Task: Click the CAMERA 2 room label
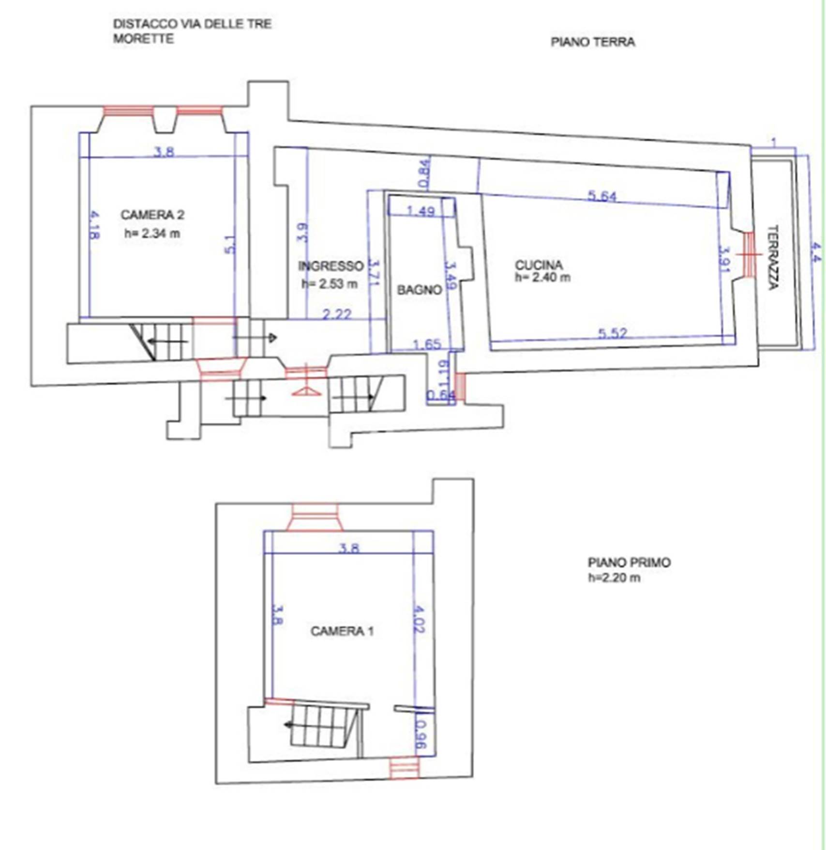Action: tap(152, 215)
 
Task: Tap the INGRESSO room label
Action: tap(330, 266)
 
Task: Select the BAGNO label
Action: tap(420, 290)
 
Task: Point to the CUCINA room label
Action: tap(539, 265)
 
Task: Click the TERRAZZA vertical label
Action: tap(773, 257)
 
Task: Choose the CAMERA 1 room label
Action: tap(342, 631)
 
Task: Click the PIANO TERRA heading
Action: tap(593, 42)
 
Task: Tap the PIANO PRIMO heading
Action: tap(629, 562)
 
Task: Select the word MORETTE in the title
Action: tap(143, 38)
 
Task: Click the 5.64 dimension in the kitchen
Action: tap(602, 196)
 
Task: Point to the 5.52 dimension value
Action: tap(612, 333)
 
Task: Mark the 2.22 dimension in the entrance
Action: tap(337, 314)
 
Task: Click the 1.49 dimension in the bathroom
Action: tap(421, 211)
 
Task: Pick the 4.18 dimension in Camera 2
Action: tap(94, 224)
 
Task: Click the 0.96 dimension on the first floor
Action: tap(421, 735)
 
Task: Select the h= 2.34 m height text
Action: tap(152, 234)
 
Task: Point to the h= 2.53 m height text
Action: tap(330, 284)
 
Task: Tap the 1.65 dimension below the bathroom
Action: tap(427, 344)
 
